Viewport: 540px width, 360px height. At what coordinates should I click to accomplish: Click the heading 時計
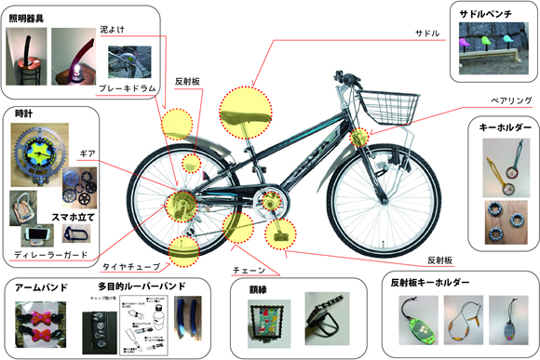[25, 113]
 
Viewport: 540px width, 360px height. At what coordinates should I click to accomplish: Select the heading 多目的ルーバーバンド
[141, 285]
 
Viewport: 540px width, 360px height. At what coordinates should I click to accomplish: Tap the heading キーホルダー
[505, 126]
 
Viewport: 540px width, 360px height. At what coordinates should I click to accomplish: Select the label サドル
[428, 33]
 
